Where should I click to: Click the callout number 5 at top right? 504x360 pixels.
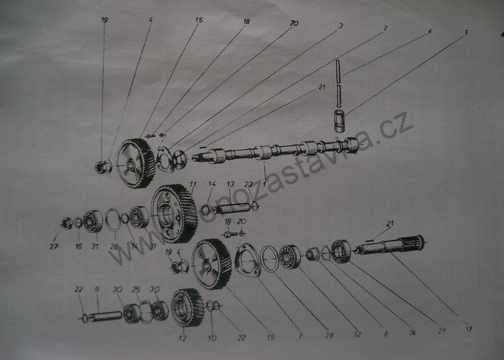pyautogui.click(x=467, y=32)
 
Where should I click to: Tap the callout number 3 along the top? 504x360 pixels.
pyautogui.click(x=341, y=25)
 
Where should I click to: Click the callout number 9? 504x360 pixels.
pyautogui.click(x=97, y=289)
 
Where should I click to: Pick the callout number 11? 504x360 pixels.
pyautogui.click(x=193, y=184)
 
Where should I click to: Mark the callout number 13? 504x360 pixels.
pyautogui.click(x=230, y=184)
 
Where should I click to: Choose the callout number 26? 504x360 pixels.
pyautogui.click(x=114, y=246)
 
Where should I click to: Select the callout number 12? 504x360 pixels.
pyautogui.click(x=182, y=337)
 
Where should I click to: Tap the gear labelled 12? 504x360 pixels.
pyautogui.click(x=188, y=307)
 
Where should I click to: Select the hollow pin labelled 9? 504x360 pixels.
pyautogui.click(x=105, y=315)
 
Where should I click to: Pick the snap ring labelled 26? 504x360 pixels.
pyautogui.click(x=113, y=220)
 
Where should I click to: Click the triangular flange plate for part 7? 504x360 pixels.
pyautogui.click(x=248, y=259)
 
